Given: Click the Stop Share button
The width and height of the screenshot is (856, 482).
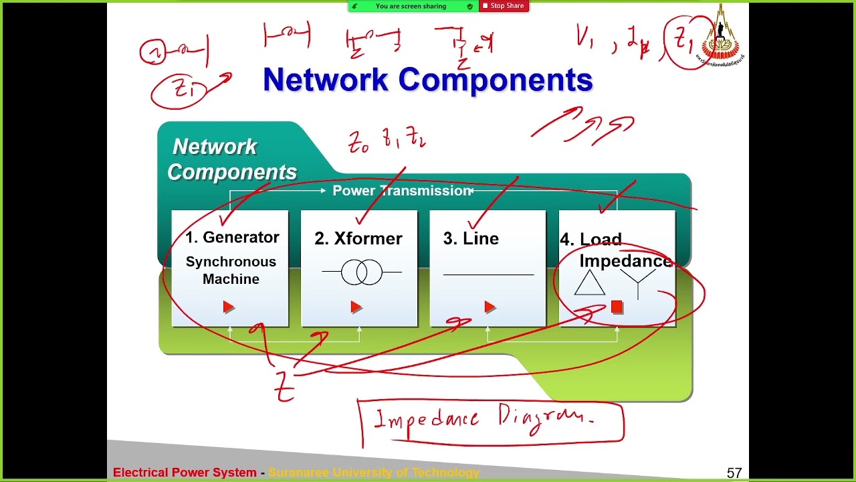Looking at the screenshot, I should (504, 6).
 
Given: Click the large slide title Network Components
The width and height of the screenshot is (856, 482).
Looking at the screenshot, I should (427, 80).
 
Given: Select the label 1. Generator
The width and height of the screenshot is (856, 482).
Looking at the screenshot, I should (232, 238).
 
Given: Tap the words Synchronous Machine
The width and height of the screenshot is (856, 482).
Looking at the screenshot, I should (231, 270).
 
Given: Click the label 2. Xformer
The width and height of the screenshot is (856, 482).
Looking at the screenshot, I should (358, 239).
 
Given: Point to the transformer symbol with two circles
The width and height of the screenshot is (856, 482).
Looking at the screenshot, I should (362, 272).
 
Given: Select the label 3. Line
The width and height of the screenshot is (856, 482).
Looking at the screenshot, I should (471, 239).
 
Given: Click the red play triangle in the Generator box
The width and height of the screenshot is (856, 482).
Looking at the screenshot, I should (229, 307).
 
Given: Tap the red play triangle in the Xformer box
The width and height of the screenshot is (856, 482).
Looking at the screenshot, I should (356, 307).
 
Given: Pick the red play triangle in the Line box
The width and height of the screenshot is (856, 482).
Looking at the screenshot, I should (490, 307).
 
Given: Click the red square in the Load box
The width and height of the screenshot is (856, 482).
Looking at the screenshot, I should (617, 307).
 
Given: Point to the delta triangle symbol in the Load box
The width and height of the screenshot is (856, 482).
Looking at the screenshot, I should (589, 284).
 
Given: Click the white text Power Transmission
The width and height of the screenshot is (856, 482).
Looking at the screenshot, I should (401, 191).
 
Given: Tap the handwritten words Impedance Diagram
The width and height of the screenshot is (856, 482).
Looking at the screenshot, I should (484, 420).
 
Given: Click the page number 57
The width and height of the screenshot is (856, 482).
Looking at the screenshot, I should (734, 473).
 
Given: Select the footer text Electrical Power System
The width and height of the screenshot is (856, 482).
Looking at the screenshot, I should (185, 473).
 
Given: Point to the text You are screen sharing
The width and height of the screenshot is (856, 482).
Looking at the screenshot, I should (411, 6).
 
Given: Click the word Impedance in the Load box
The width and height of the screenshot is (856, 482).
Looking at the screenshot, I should (625, 261).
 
